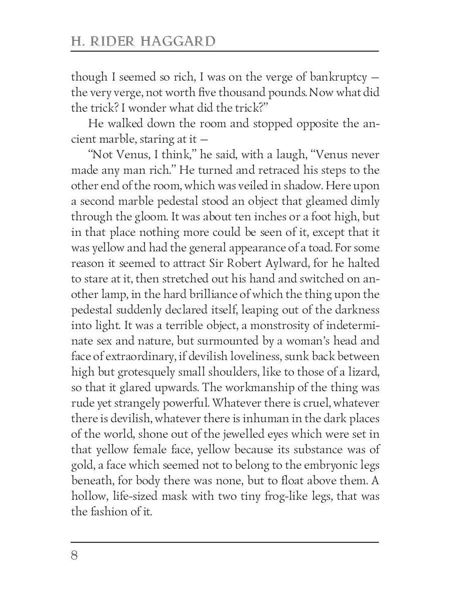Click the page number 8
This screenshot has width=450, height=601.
74,556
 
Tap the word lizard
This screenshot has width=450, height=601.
360,372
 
